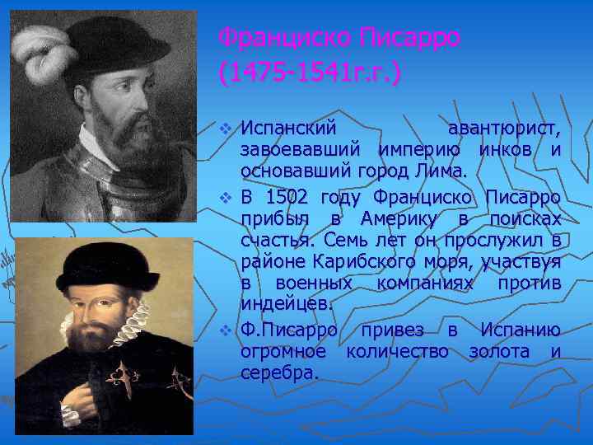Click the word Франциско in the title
point(282,38)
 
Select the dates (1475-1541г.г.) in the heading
point(310,73)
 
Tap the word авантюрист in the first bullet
point(504,129)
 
